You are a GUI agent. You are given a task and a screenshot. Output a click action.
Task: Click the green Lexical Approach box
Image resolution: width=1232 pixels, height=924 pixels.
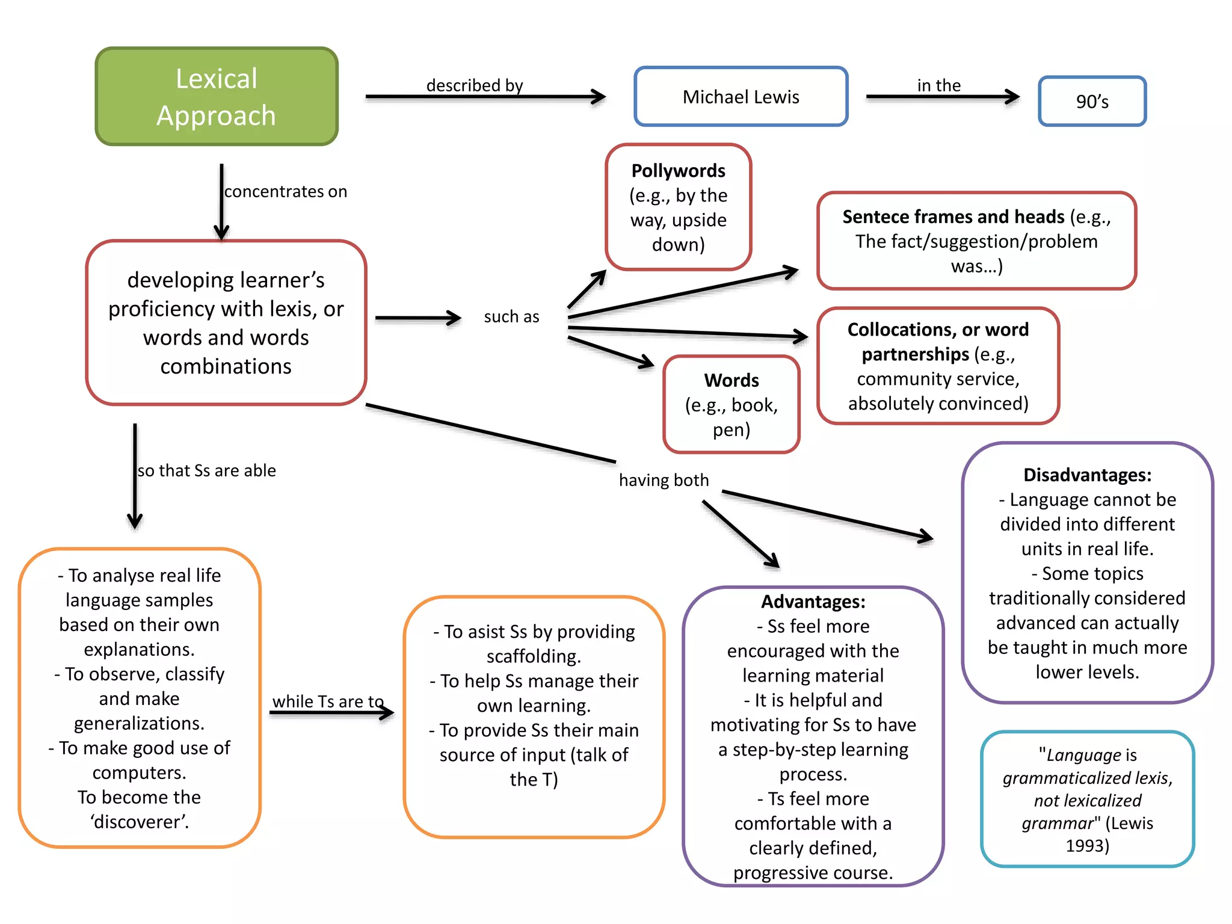coord(217,96)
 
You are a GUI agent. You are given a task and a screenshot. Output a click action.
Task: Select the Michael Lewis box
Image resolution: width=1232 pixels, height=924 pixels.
coord(741,97)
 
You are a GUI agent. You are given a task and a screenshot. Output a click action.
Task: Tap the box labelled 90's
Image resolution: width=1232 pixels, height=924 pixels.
coord(1092,101)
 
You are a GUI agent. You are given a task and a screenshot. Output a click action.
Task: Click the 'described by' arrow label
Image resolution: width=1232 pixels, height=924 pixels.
coord(475,85)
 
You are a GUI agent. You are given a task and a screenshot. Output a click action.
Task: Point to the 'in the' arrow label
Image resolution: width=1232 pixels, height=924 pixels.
coord(938,85)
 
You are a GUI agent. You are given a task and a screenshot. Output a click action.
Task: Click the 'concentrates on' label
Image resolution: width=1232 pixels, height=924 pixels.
coord(286,191)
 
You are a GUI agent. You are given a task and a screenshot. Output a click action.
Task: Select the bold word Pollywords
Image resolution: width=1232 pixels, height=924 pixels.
coord(678,171)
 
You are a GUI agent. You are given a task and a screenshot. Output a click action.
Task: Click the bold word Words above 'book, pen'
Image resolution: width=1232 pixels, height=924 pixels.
coord(731,380)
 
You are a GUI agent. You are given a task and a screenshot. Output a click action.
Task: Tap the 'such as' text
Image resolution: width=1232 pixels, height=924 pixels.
coord(511,316)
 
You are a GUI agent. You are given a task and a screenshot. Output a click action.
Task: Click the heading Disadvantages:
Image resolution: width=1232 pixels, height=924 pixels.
coord(1087,475)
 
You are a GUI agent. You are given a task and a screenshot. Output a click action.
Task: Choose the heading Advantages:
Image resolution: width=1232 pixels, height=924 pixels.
coord(813,602)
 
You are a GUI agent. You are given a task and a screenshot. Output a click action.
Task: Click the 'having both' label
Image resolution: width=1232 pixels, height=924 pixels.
coord(664,480)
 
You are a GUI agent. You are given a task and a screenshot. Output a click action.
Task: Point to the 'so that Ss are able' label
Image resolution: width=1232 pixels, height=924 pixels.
coord(206,470)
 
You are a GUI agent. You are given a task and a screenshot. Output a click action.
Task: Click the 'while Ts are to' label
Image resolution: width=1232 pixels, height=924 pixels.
coord(328,701)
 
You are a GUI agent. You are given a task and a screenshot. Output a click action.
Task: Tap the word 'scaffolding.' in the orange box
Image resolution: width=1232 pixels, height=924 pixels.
coord(534,656)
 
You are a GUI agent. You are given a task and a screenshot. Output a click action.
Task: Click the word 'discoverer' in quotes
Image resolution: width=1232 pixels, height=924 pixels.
coord(140,822)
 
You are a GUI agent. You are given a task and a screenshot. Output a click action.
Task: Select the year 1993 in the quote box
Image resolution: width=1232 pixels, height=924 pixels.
coord(1087,846)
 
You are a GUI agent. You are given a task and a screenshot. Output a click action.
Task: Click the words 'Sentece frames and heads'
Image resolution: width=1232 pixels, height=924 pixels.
coord(953,217)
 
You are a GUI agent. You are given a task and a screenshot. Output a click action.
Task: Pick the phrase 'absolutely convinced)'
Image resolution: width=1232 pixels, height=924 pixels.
coord(938,403)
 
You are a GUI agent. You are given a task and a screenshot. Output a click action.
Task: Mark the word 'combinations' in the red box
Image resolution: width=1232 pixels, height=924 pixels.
coord(226,366)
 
